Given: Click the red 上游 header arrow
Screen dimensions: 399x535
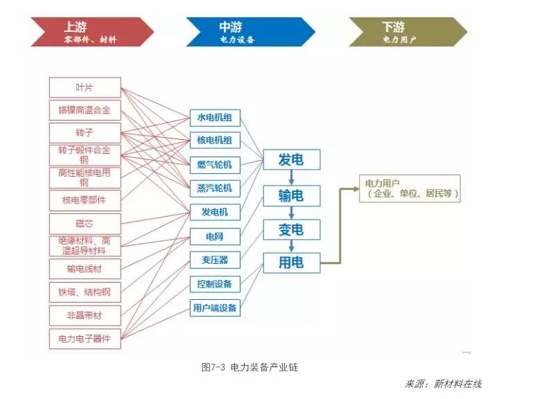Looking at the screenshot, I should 90,32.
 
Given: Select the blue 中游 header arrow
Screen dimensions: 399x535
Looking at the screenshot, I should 246,32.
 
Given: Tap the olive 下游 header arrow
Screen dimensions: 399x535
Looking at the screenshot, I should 402,32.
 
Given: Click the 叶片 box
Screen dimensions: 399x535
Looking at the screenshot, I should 85,87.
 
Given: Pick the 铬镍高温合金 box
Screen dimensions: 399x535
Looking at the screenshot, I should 85,109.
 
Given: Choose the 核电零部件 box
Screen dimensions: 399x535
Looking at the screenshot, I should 85,200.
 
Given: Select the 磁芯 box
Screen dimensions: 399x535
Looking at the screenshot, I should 85,223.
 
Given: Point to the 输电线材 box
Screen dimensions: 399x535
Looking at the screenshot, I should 85,269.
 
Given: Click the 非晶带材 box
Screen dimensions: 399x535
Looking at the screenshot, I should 85,315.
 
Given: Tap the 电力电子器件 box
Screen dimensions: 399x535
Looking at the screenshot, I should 85,339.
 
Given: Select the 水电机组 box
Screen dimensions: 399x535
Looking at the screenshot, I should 215,117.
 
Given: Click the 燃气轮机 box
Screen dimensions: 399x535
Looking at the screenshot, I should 215,165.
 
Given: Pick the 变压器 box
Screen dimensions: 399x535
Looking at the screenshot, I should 215,260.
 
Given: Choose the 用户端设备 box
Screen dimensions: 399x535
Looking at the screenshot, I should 215,308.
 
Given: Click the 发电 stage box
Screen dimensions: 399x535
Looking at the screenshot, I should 291,160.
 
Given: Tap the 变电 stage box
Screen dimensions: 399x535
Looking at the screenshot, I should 291,229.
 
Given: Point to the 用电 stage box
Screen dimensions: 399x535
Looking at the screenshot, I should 291,263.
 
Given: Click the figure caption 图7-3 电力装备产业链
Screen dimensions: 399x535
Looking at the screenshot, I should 249,367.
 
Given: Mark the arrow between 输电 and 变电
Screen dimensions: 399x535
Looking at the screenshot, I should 292,213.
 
